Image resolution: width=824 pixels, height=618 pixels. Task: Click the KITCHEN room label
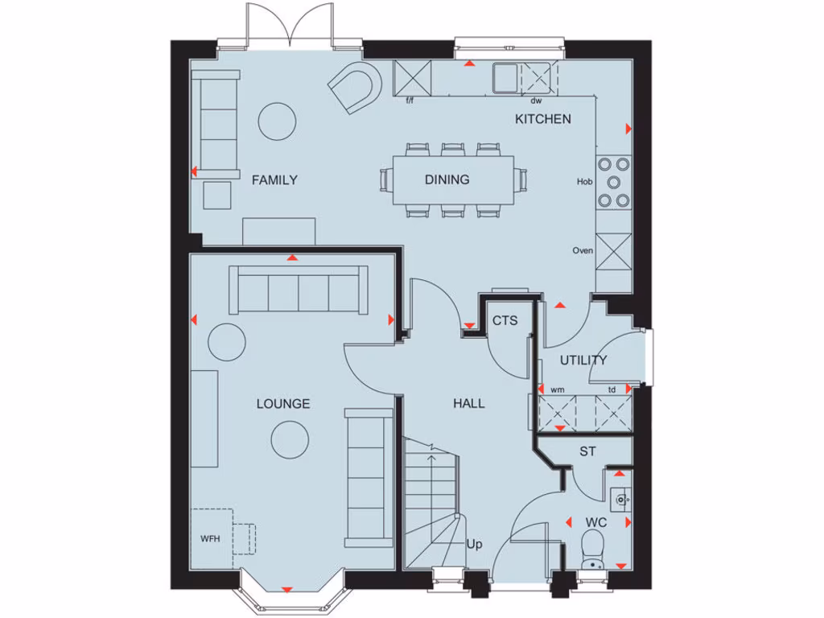tap(543, 119)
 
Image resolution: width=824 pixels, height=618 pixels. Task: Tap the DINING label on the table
tap(447, 180)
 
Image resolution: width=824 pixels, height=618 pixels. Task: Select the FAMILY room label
tap(274, 180)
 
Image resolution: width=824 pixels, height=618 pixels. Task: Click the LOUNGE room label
tap(283, 404)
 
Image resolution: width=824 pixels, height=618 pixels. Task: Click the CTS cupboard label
tap(505, 321)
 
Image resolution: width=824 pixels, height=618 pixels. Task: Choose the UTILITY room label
tap(583, 360)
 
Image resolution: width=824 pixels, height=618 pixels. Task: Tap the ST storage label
tap(588, 452)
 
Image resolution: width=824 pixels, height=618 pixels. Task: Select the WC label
tap(595, 523)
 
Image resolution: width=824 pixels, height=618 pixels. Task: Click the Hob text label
tap(585, 182)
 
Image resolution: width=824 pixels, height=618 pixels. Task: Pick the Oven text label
tap(583, 251)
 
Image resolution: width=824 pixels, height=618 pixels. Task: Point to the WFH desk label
tap(210, 538)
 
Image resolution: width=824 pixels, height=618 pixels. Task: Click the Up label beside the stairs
tap(475, 545)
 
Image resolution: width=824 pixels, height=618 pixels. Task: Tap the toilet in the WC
tap(593, 550)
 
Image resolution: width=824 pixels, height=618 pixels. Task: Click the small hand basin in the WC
tap(620, 500)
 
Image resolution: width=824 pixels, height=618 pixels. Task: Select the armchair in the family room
tap(355, 88)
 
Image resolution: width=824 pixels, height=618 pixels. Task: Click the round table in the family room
tap(278, 122)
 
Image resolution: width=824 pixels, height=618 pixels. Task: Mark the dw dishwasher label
tap(536, 101)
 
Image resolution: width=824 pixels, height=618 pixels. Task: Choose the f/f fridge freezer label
tap(410, 101)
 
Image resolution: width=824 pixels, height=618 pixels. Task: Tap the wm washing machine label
tap(558, 390)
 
